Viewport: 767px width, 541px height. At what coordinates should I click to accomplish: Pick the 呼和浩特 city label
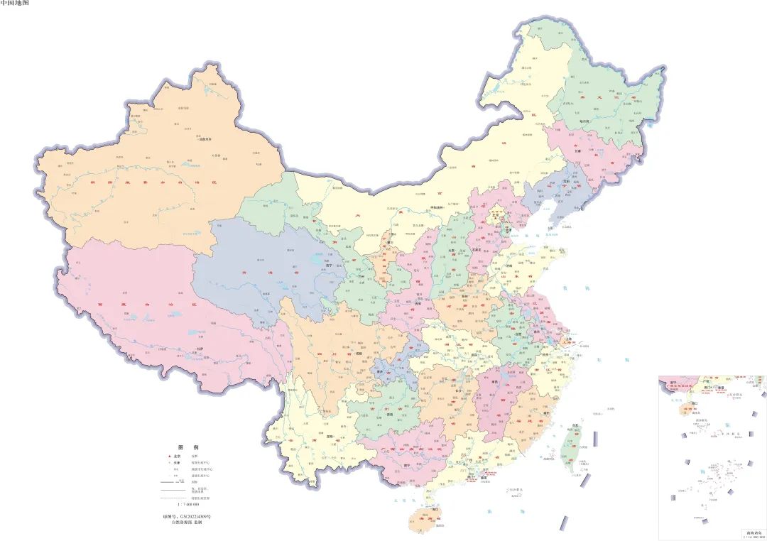[x=442, y=207]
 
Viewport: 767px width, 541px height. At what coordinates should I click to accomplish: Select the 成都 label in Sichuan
[x=359, y=353]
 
